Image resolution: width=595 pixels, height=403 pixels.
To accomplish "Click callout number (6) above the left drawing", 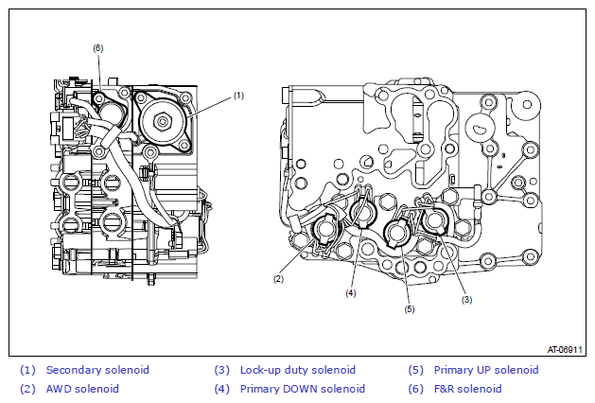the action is [97, 48].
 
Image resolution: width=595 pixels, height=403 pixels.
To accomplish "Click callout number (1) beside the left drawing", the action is [238, 96].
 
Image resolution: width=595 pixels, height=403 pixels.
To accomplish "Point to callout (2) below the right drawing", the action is [278, 279].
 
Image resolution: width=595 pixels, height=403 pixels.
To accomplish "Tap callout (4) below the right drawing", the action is [351, 293].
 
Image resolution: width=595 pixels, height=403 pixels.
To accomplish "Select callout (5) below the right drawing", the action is [410, 309].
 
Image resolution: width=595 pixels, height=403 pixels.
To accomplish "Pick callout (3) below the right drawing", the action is [466, 300].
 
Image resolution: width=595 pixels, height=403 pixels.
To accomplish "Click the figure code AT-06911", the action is [565, 349].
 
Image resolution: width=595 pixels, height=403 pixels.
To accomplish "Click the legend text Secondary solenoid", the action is [97, 370].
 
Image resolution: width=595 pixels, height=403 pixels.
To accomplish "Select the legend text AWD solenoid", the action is [82, 389].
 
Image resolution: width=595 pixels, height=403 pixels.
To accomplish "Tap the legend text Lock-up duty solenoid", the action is [298, 370].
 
